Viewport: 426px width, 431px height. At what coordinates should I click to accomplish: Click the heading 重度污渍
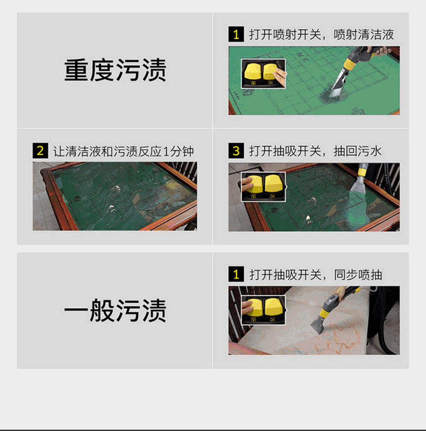click(115, 70)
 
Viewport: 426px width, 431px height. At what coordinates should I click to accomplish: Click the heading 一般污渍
click(115, 310)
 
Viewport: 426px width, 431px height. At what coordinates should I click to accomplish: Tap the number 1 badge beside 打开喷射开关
click(236, 34)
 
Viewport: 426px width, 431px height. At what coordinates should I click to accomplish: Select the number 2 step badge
click(40, 151)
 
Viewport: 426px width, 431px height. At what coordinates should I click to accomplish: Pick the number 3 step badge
click(236, 151)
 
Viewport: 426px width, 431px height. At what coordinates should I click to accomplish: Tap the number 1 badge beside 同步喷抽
click(236, 274)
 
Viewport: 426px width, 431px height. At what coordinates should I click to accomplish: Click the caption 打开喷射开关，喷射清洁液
click(321, 34)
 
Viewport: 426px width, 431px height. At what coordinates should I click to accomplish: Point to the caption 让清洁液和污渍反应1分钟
click(123, 151)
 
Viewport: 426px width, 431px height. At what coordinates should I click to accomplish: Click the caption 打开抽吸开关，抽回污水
click(315, 151)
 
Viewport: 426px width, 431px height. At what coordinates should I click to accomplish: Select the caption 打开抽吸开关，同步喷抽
click(315, 275)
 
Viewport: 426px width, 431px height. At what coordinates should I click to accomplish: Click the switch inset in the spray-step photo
click(263, 74)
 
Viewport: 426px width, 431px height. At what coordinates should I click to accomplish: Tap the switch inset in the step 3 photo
click(263, 187)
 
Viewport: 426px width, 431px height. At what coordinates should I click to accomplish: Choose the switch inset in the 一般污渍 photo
click(263, 310)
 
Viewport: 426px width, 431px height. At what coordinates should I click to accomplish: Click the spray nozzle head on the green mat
click(339, 81)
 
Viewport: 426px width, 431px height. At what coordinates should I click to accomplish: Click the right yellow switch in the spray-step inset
click(271, 72)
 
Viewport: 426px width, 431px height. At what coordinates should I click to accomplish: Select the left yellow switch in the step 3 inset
click(254, 184)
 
